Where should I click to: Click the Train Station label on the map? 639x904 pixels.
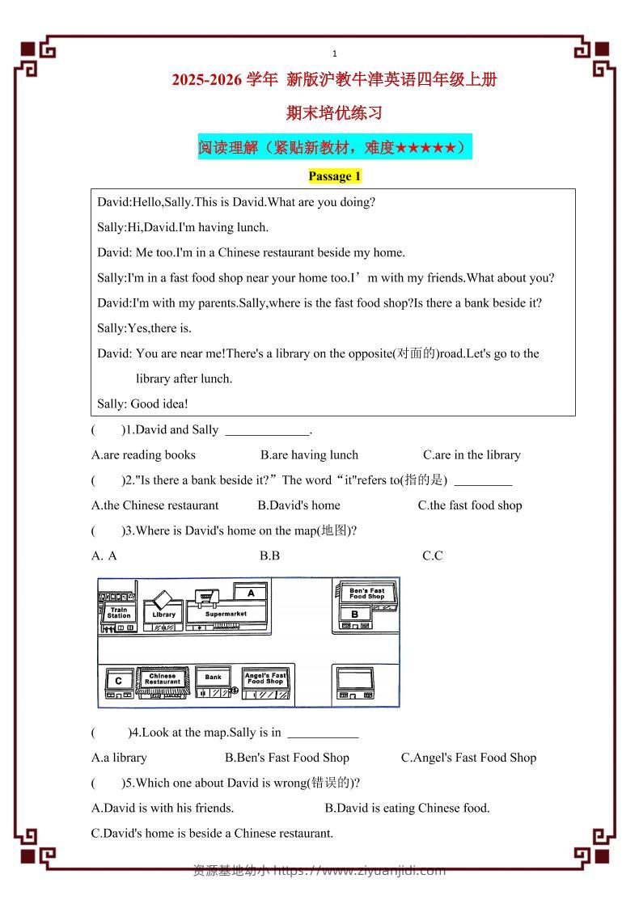(118, 613)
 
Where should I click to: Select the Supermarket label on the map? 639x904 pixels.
(226, 614)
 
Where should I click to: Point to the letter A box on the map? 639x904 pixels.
(252, 593)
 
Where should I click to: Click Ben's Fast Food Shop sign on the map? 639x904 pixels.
(366, 594)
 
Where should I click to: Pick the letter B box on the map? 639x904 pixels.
(354, 615)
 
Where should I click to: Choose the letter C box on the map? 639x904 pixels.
(118, 681)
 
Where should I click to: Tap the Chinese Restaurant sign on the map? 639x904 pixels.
(163, 679)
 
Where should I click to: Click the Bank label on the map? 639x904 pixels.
(213, 678)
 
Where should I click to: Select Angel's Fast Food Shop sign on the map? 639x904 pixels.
(265, 678)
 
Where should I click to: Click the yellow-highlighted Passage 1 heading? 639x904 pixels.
(334, 176)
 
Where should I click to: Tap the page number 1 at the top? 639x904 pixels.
(335, 54)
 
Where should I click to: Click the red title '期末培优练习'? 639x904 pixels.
(334, 113)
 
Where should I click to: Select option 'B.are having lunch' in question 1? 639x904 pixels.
(309, 454)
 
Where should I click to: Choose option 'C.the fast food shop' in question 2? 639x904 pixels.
(469, 505)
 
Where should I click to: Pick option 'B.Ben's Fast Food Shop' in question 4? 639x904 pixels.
(286, 758)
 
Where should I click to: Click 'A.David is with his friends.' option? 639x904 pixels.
(163, 808)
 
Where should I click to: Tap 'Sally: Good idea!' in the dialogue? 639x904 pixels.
(142, 403)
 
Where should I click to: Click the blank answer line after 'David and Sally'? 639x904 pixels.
(268, 431)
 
